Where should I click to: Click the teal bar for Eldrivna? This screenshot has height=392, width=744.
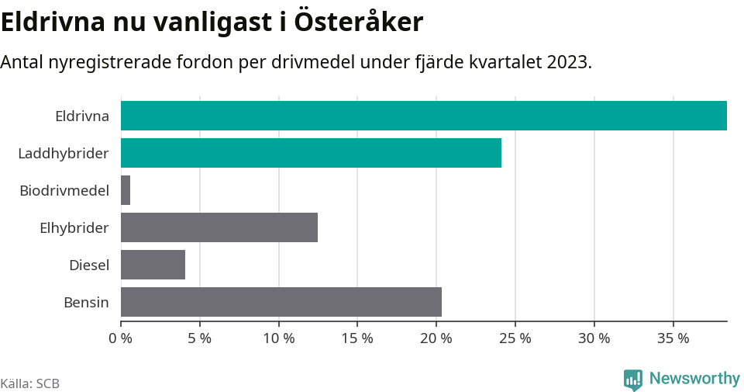click(x=423, y=116)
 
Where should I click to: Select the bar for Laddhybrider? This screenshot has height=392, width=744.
click(x=311, y=153)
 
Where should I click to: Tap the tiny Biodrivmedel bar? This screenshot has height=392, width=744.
click(x=126, y=190)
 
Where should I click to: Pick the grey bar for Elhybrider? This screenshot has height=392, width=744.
click(x=219, y=227)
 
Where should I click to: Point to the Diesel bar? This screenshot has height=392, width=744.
click(x=153, y=265)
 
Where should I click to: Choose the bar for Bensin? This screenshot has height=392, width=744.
click(x=281, y=302)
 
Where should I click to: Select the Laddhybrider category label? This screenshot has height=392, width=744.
click(x=64, y=154)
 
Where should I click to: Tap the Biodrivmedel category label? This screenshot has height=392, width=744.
click(x=64, y=191)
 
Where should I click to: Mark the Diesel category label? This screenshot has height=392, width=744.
click(x=89, y=265)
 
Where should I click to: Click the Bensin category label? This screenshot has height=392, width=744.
click(x=86, y=303)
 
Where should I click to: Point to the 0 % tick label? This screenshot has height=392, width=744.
click(x=121, y=338)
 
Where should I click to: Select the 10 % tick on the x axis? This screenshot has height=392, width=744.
click(x=278, y=338)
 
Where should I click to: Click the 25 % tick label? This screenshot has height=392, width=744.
click(x=515, y=338)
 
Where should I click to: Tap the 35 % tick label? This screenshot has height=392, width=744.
click(x=673, y=338)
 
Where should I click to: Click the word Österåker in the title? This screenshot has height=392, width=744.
click(x=358, y=22)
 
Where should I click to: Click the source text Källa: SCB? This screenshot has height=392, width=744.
click(x=30, y=383)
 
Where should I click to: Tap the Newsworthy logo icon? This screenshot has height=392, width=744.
click(x=632, y=380)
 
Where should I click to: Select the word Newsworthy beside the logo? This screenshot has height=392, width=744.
click(x=694, y=379)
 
